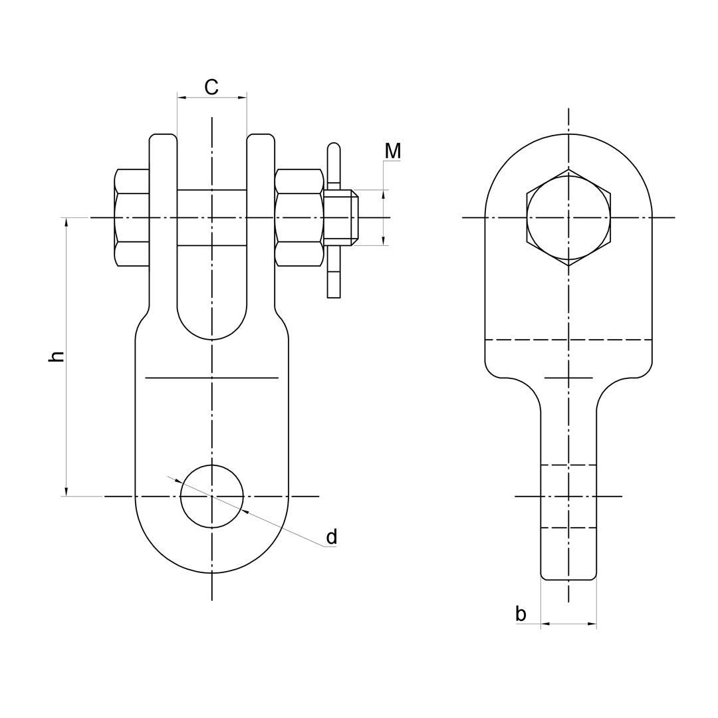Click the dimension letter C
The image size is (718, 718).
click(x=211, y=86)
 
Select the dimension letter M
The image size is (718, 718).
click(x=393, y=151)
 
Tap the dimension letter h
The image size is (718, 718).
click(x=56, y=357)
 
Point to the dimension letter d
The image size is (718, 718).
click(x=332, y=537)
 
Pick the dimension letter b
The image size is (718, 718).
click(x=521, y=613)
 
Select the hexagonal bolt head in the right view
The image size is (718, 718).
click(x=568, y=217)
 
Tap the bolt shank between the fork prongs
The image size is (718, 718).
click(x=212, y=217)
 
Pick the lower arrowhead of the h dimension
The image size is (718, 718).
click(x=67, y=490)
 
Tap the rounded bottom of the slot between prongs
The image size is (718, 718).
click(x=212, y=339)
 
